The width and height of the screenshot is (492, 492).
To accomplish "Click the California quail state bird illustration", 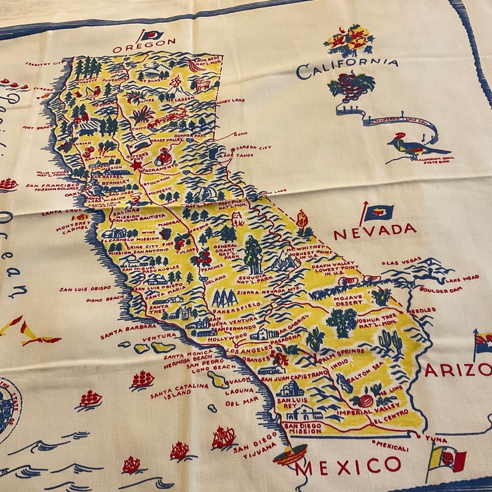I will point(413,146).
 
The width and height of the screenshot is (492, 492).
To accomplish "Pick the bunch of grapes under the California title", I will point(351,87).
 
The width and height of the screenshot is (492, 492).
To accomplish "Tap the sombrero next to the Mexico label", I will point(290,455).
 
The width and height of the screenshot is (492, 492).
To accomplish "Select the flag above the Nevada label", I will point(376,213).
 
